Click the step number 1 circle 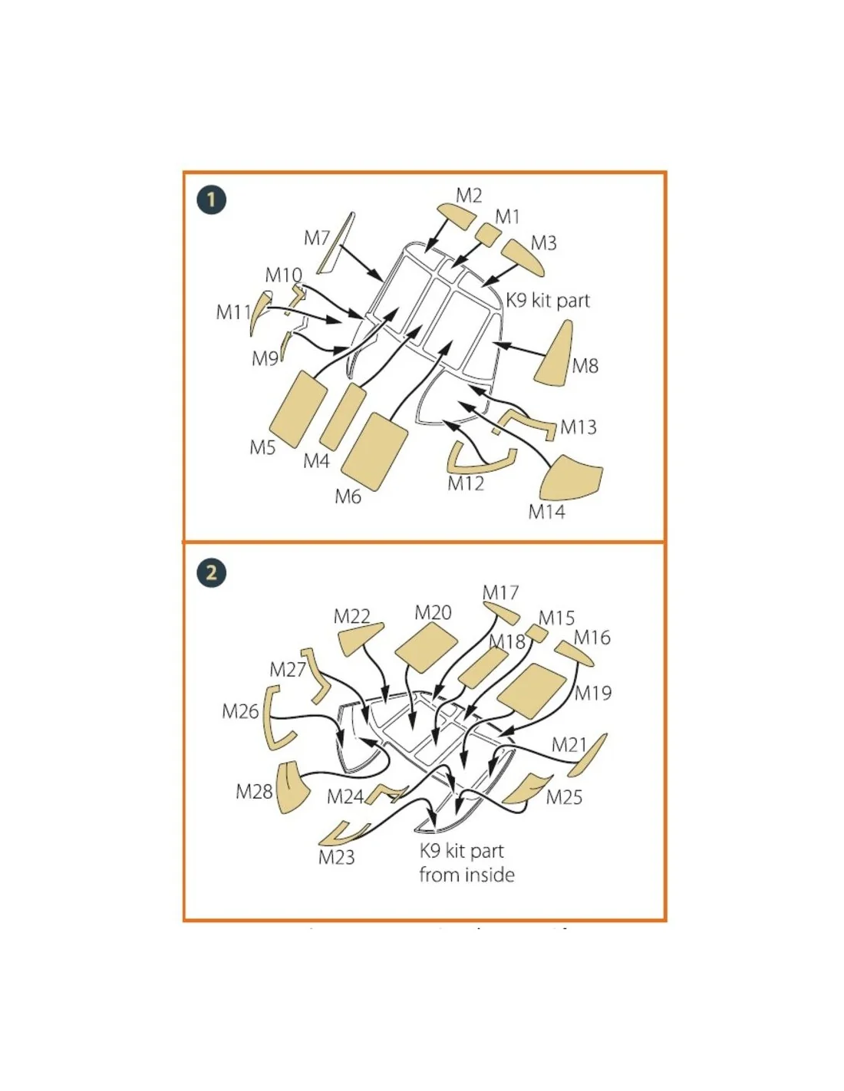click(211, 199)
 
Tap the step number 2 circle click(211, 573)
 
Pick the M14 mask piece click(570, 479)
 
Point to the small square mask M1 click(488, 233)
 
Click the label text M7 click(316, 238)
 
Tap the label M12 click(466, 483)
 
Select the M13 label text click(578, 427)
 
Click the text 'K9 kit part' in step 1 click(547, 301)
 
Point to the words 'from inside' click(467, 875)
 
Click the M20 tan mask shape click(427, 648)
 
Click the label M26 click(240, 711)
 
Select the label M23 click(336, 857)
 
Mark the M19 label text click(593, 694)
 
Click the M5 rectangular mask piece click(298, 409)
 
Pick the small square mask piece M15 click(537, 634)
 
